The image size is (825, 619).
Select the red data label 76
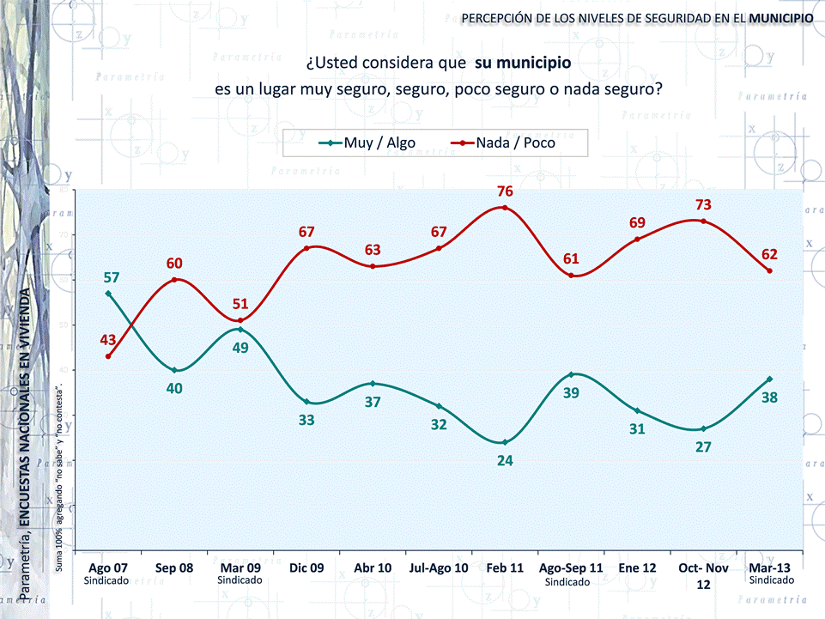[505, 191]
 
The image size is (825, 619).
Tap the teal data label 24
[505, 461]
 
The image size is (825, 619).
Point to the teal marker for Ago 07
[108, 294]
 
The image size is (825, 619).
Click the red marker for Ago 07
[108, 356]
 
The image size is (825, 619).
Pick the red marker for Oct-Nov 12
[703, 222]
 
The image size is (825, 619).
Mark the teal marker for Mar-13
[769, 379]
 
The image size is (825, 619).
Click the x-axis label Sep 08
[174, 567]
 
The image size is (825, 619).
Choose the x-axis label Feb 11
[505, 567]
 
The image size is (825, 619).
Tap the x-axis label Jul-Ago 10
[439, 567]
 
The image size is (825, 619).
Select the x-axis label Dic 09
[306, 567]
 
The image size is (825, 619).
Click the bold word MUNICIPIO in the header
[780, 18]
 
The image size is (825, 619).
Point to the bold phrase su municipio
[522, 64]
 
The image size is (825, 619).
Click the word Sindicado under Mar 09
[240, 581]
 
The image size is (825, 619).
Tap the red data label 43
[108, 340]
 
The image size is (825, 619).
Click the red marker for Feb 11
[505, 208]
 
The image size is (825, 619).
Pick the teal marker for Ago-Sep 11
[571, 374]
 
